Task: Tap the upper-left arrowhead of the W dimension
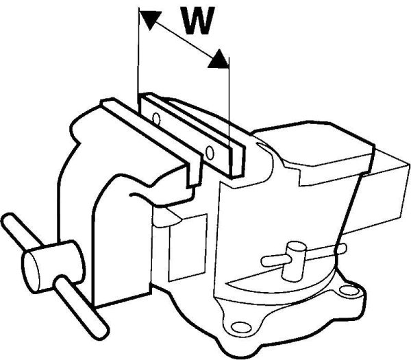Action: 149,19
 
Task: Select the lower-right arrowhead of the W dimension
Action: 218,59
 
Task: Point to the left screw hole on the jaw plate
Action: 156,119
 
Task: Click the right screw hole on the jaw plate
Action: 210,152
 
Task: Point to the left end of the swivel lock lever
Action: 264,261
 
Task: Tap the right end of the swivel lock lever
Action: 342,248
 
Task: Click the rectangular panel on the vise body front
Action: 188,248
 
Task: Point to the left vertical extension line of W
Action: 138,55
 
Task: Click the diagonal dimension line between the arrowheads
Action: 184,39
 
